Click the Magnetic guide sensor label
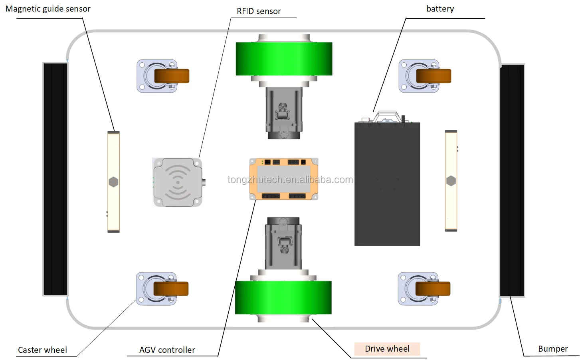[x=48, y=9]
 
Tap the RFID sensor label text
[x=259, y=11]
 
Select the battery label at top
[x=440, y=9]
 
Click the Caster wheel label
[x=42, y=350]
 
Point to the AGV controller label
[x=167, y=350]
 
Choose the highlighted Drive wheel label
[x=387, y=349]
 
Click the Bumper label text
[x=552, y=349]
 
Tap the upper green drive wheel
[x=284, y=59]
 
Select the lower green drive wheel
[x=283, y=297]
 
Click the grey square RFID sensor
[x=177, y=182]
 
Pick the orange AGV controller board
[x=283, y=179]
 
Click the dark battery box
[x=387, y=184]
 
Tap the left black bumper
[x=55, y=179]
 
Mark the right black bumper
[x=512, y=180]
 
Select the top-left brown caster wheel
[x=172, y=76]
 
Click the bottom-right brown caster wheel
[x=433, y=289]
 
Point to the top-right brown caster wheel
[x=434, y=76]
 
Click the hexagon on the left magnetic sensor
[x=113, y=182]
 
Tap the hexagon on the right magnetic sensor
[x=451, y=181]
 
